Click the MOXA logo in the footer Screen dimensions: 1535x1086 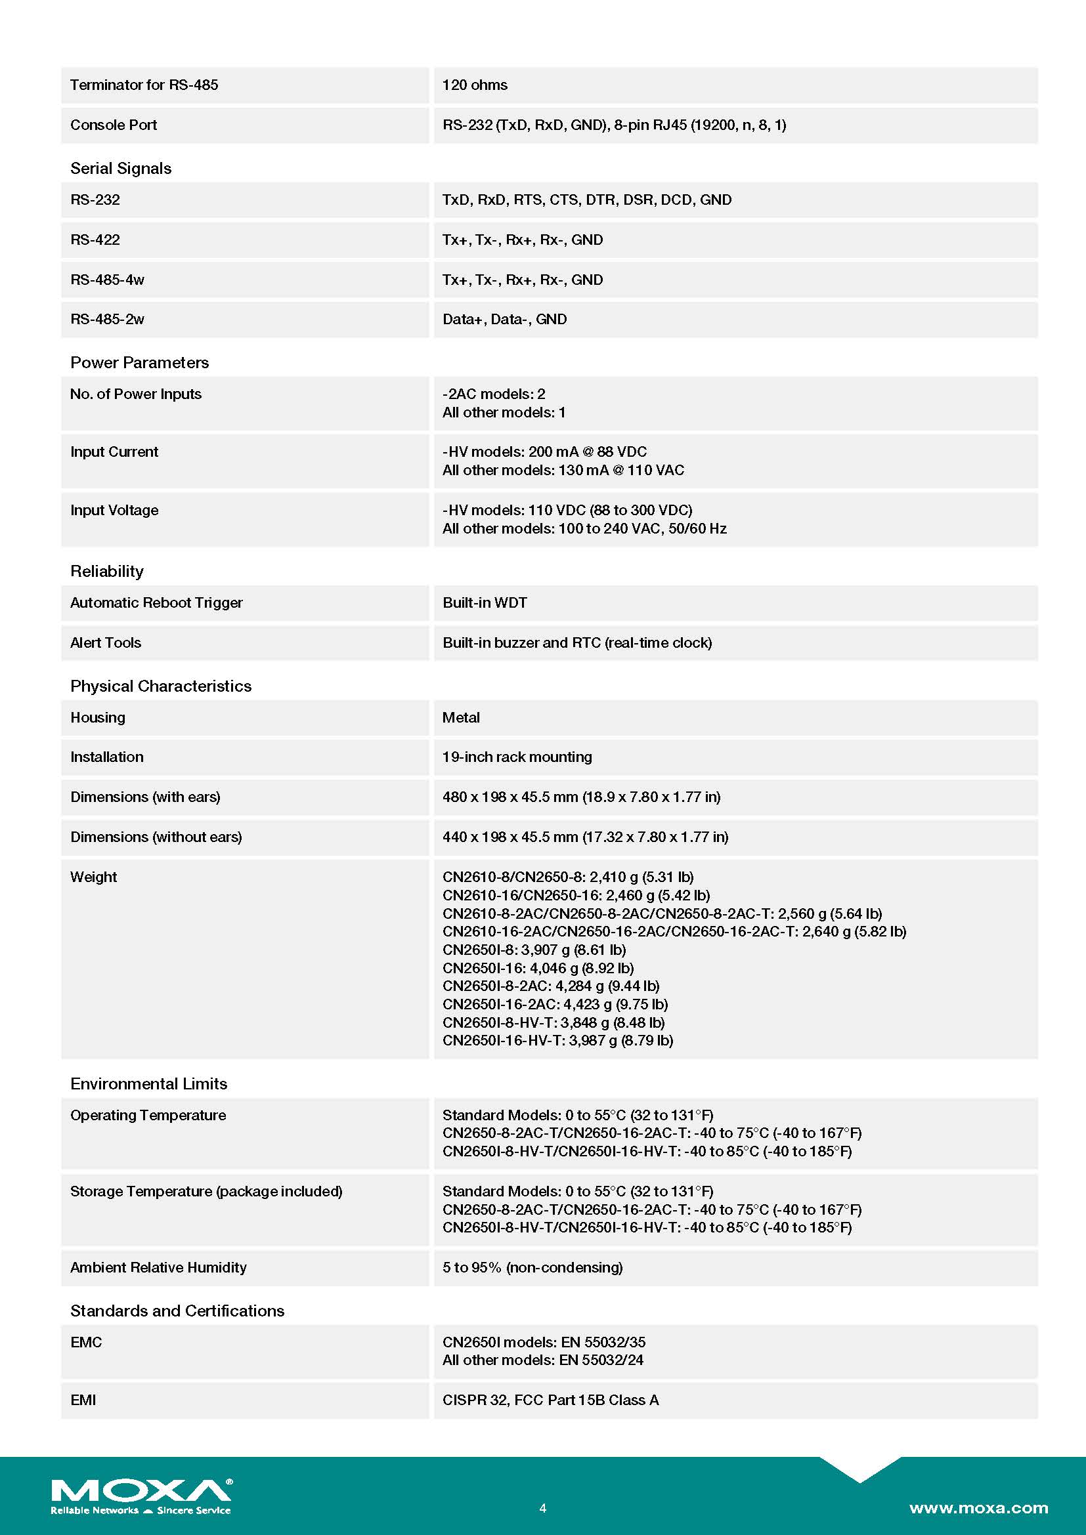tap(141, 1491)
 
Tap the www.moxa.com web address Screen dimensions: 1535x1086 tap(978, 1507)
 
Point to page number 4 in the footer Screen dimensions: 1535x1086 tap(542, 1507)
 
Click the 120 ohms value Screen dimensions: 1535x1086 tap(475, 85)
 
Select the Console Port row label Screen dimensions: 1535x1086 tap(114, 125)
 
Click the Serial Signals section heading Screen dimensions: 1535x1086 tap(121, 169)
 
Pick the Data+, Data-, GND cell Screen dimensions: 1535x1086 tap(504, 320)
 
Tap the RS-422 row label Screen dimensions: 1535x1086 tap(95, 240)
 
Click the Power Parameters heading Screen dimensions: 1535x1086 tap(140, 362)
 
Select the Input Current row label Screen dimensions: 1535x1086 tap(114, 452)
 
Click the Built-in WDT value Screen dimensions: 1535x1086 tap(484, 603)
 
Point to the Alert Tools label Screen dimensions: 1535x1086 tap(106, 643)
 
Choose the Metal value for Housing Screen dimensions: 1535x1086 tap(461, 718)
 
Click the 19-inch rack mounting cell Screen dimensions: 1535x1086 tap(517, 757)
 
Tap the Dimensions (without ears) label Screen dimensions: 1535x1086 tap(156, 837)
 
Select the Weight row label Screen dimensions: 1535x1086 tap(94, 877)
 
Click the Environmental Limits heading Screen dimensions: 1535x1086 tap(148, 1083)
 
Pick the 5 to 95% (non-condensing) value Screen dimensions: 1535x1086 tap(532, 1268)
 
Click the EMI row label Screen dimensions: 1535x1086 tap(83, 1400)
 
